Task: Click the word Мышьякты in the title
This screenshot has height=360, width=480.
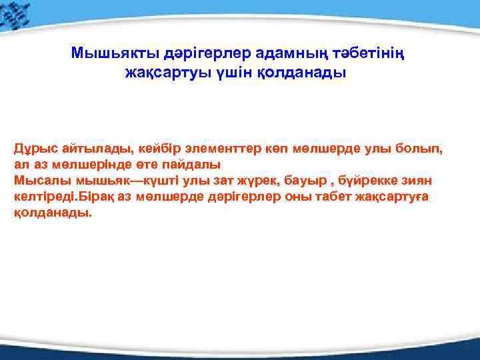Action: (x=107, y=53)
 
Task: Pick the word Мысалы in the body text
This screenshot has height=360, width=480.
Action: (x=38, y=181)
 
